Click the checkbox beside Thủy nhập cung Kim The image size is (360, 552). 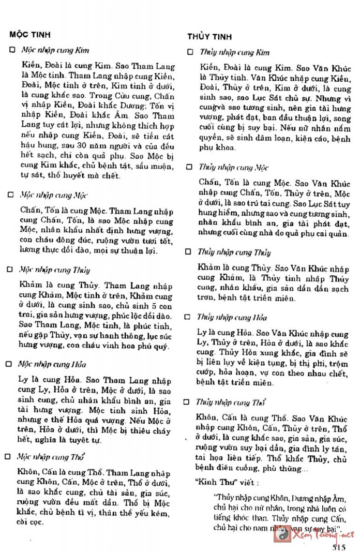[x=190, y=52]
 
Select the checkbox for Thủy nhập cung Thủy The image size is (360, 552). [x=190, y=252]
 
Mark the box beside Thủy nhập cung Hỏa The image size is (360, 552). [x=190, y=317]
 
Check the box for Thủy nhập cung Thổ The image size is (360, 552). [x=190, y=401]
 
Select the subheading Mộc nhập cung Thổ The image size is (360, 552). [x=52, y=457]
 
